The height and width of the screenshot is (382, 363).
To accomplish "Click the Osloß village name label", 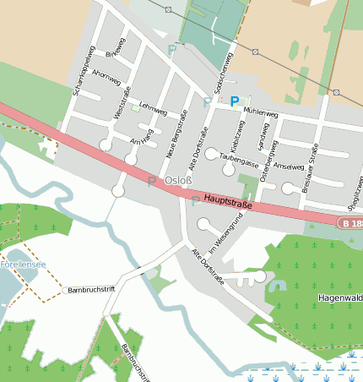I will (x=178, y=181).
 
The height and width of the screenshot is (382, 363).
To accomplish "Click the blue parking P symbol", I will (x=235, y=101).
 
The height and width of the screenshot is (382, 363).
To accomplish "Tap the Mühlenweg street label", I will (x=260, y=112).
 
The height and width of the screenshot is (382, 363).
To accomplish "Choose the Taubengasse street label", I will (x=238, y=157).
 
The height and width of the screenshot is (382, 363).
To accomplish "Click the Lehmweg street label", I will (x=153, y=109).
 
